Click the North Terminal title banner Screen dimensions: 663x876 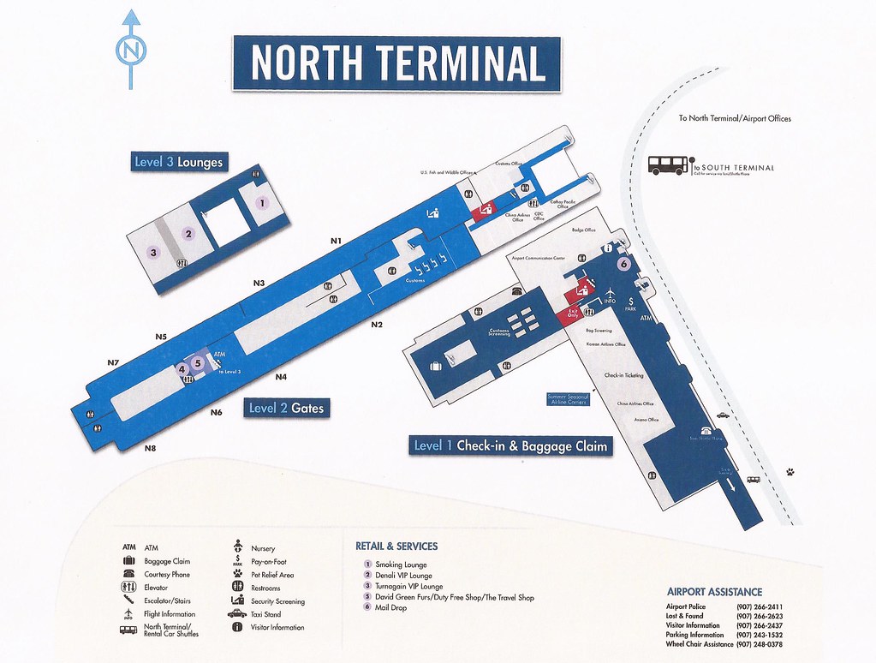[x=397, y=63]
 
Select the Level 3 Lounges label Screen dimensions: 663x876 [x=178, y=162]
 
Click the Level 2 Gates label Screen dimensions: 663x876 [x=287, y=409]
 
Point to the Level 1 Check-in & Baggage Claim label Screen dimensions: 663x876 [x=510, y=445]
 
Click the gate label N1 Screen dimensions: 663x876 [x=337, y=241]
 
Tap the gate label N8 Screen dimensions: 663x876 [x=151, y=448]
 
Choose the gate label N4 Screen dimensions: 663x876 [x=281, y=377]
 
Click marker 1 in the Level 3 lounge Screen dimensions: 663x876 [x=262, y=203]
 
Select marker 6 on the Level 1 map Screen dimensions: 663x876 [x=623, y=264]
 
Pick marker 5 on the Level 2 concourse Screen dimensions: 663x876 [x=198, y=362]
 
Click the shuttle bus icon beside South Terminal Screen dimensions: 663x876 [x=668, y=165]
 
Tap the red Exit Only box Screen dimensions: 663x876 [x=573, y=316]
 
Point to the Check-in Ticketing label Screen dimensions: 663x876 [x=623, y=375]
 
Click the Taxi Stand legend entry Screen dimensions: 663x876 [x=265, y=614]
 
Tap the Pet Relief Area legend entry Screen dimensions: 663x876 [x=272, y=575]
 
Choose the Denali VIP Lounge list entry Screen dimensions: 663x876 [x=403, y=576]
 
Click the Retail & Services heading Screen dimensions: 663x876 [x=396, y=546]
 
